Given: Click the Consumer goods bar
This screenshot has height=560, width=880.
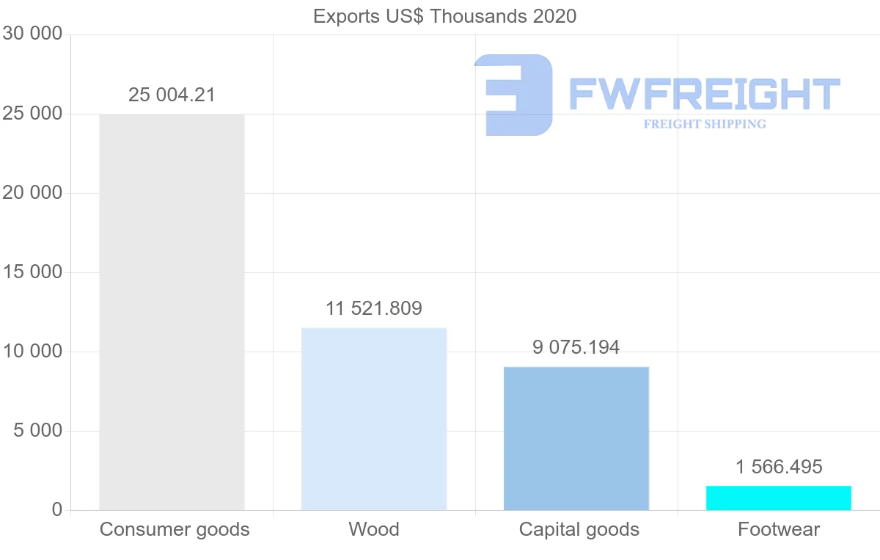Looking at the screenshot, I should [172, 312].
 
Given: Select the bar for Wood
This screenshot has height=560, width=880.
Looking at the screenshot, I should [374, 419].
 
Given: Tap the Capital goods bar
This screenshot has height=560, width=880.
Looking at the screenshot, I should [576, 438].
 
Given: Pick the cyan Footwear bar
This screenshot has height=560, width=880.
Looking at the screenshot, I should [779, 498].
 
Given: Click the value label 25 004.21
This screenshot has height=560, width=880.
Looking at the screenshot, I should [172, 95].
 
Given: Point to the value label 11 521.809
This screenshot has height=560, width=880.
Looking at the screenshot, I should [374, 308].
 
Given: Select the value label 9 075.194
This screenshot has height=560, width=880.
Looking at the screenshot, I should [576, 347].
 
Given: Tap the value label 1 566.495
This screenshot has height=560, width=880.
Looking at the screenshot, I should [779, 467].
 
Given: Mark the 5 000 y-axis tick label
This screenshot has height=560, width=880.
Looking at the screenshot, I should [38, 431].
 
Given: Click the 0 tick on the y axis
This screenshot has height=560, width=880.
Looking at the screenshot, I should [57, 510].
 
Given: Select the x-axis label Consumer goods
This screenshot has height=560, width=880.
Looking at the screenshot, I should [175, 529].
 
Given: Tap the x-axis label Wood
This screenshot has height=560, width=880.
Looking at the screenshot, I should [374, 529].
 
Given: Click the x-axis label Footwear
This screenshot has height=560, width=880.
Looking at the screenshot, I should [779, 529].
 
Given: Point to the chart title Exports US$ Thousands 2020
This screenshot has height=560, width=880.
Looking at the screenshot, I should [444, 16].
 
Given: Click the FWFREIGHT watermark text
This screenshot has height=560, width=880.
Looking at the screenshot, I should [704, 94].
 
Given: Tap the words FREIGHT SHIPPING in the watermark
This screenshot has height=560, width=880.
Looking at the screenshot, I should [705, 124].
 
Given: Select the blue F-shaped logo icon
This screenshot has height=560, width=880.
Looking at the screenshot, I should [513, 95].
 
